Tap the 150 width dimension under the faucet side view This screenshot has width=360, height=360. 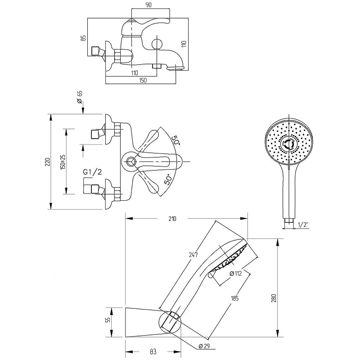click(x=143, y=81)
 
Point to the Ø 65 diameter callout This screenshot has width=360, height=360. click(x=80, y=96)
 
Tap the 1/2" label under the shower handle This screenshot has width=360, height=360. click(x=302, y=225)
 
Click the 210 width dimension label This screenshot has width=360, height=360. click(x=172, y=219)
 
